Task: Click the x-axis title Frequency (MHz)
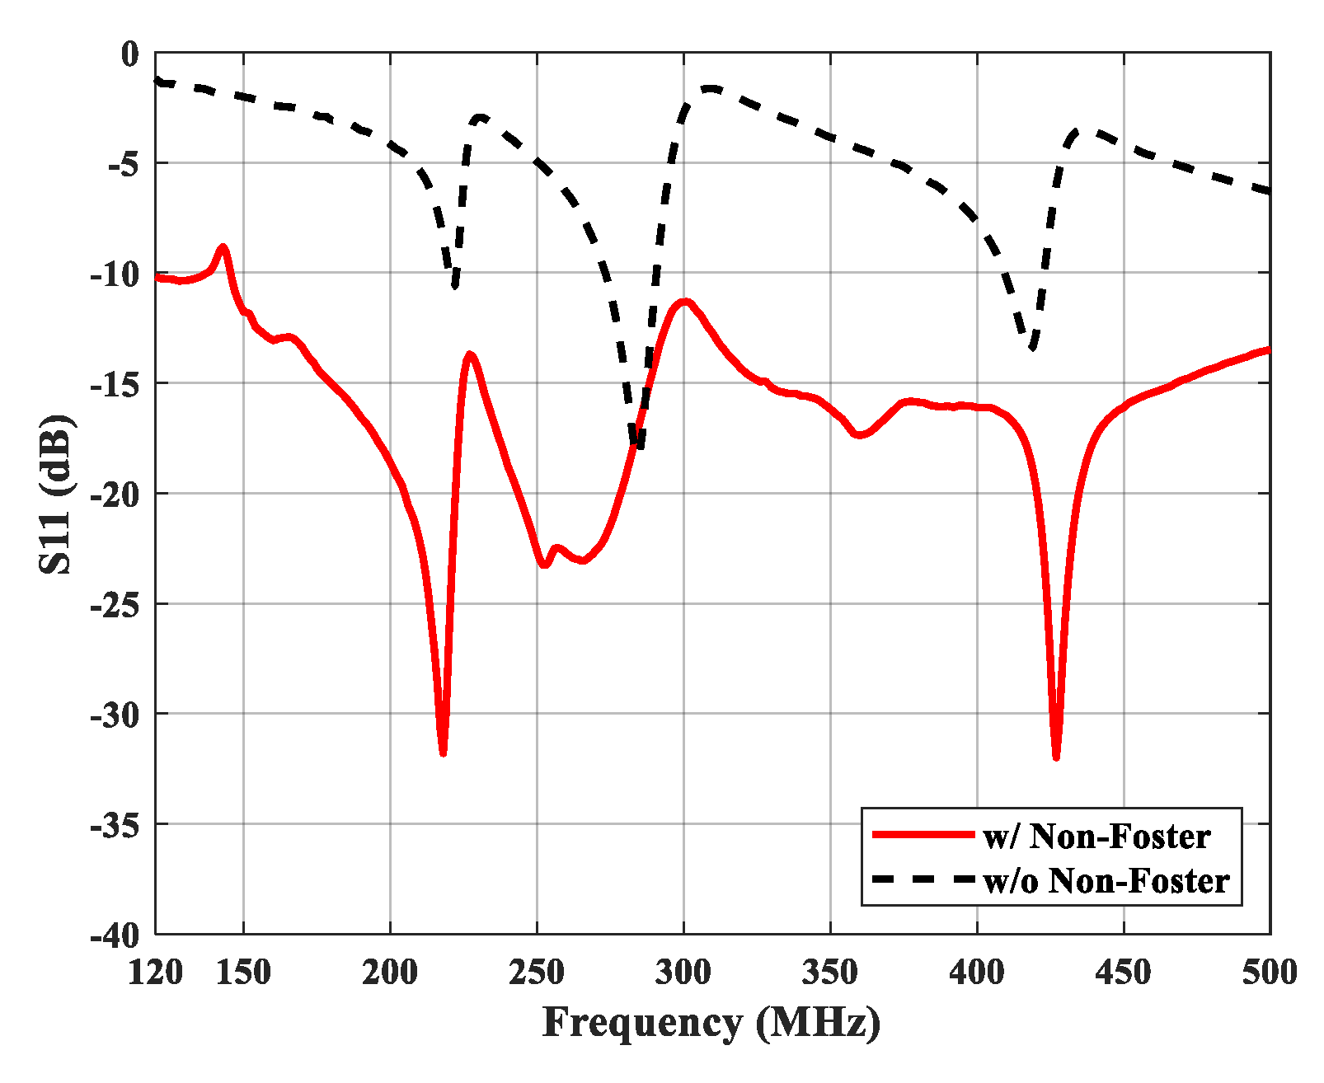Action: (711, 1023)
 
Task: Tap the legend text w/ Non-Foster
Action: (1096, 837)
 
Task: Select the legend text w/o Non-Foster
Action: (1106, 881)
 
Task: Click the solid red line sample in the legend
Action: (923, 836)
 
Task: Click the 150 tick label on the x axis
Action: (243, 973)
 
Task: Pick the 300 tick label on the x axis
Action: (683, 973)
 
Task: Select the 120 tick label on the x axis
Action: (156, 973)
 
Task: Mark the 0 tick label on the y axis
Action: (131, 54)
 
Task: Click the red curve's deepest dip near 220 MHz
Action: (444, 752)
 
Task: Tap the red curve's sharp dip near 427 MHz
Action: (1056, 757)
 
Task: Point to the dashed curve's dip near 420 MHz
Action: (1032, 348)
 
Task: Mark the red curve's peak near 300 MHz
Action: (684, 302)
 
